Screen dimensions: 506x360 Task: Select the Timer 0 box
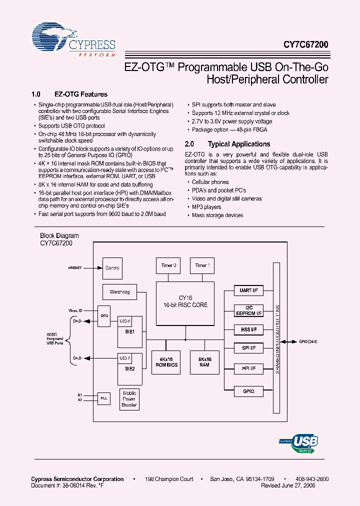click(x=168, y=265)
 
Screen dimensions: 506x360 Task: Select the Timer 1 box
click(x=202, y=265)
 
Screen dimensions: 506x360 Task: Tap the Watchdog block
click(x=119, y=291)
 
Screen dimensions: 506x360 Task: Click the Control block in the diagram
click(x=112, y=268)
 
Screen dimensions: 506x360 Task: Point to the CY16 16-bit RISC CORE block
click(x=185, y=301)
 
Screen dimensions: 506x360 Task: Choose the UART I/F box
click(x=248, y=290)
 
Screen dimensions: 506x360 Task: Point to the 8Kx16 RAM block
click(x=204, y=361)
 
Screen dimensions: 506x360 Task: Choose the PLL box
click(x=104, y=397)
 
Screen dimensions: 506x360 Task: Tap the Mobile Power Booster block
click(x=129, y=399)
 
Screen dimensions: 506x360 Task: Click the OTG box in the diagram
click(x=104, y=316)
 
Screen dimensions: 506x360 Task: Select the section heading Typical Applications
click(x=238, y=144)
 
